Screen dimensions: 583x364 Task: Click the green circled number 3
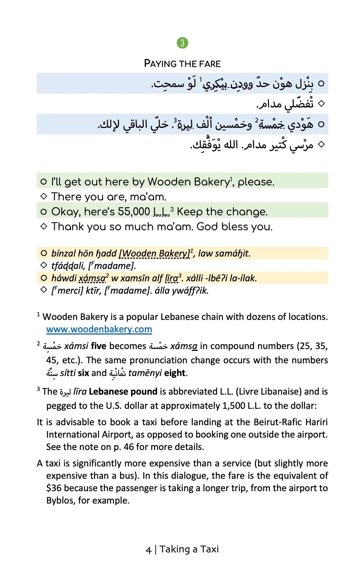point(182,43)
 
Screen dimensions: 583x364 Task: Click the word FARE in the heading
point(210,64)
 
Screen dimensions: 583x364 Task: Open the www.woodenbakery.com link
point(99,329)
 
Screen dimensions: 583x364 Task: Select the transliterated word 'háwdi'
point(64,278)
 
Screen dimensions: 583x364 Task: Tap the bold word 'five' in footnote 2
point(99,346)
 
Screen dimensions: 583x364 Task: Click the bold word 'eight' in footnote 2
point(175,373)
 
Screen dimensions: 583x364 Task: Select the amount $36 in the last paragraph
point(54,488)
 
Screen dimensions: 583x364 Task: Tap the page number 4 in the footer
point(149,550)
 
